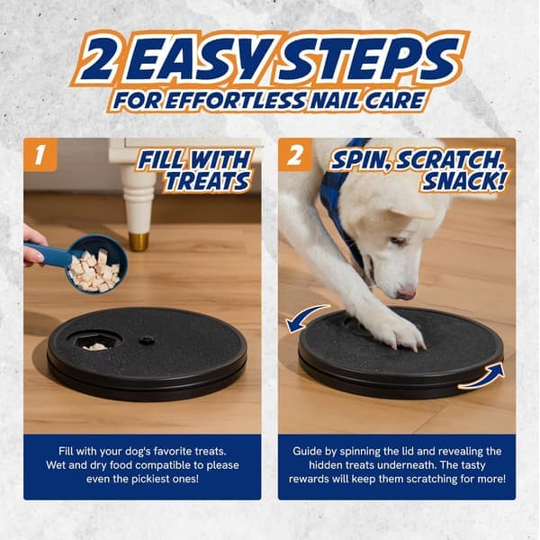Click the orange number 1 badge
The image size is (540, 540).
click(x=40, y=155)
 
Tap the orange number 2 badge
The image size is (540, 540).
click(x=295, y=155)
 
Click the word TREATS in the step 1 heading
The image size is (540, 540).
click(x=207, y=181)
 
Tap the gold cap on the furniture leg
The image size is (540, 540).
click(x=139, y=241)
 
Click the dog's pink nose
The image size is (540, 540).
click(x=407, y=293)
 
